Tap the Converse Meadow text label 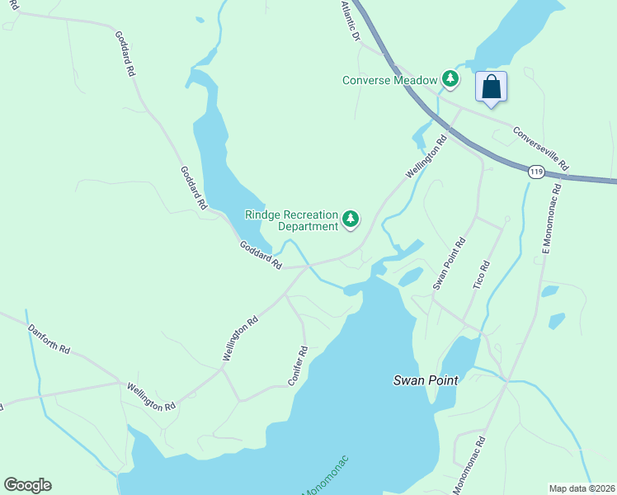[389, 80]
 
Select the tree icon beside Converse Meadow [450, 79]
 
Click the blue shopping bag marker [491, 87]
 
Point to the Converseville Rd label [540, 148]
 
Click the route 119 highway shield [536, 172]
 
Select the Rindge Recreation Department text [291, 220]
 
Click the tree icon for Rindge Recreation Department [351, 219]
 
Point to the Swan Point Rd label [450, 263]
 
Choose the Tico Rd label [482, 276]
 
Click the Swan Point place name [425, 380]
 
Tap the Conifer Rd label [299, 363]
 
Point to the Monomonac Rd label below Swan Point [469, 464]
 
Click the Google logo [27, 485]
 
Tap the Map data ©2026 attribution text [582, 488]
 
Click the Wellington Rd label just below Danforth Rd [151, 396]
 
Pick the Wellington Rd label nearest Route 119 [426, 157]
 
